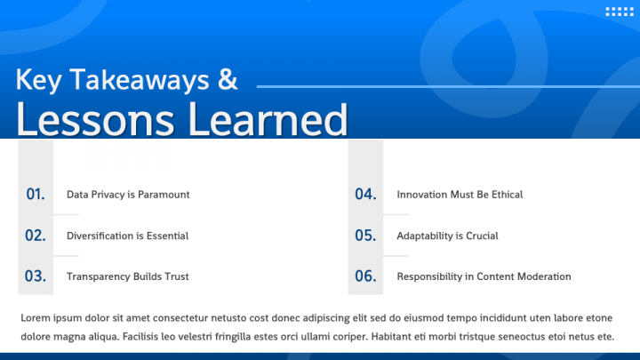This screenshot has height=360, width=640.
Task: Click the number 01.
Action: tap(36, 194)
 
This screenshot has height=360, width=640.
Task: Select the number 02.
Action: tap(36, 236)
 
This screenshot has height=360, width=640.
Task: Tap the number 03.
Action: tap(36, 276)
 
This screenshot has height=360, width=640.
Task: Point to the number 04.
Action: tap(366, 194)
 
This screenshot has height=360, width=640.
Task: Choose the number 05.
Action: tap(366, 236)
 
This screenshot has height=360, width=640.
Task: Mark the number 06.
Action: tap(366, 276)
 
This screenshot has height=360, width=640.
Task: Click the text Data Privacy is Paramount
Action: tap(128, 195)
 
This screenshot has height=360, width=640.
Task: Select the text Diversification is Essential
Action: tap(127, 236)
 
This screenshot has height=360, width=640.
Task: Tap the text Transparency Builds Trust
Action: tap(127, 277)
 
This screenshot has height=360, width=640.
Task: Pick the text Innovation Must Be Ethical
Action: tap(460, 195)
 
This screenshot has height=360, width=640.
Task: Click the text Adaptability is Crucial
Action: tap(447, 236)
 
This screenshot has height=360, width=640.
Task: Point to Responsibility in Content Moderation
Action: tap(484, 277)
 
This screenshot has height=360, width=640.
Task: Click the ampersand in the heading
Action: tap(228, 80)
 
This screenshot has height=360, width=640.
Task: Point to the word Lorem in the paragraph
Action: tap(36, 318)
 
